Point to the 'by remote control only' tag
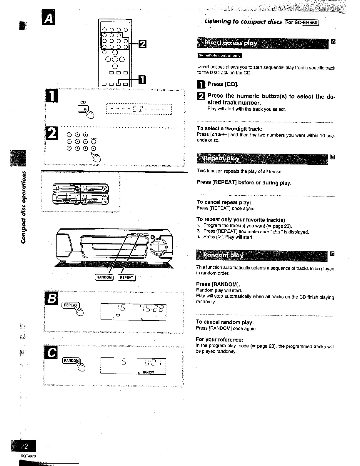click(219, 56)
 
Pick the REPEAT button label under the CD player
click(127, 277)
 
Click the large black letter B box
click(51, 299)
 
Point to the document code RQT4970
click(28, 456)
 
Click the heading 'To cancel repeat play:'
click(224, 202)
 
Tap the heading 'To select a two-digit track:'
click(229, 129)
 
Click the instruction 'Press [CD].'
click(223, 84)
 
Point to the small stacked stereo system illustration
click(80, 193)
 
